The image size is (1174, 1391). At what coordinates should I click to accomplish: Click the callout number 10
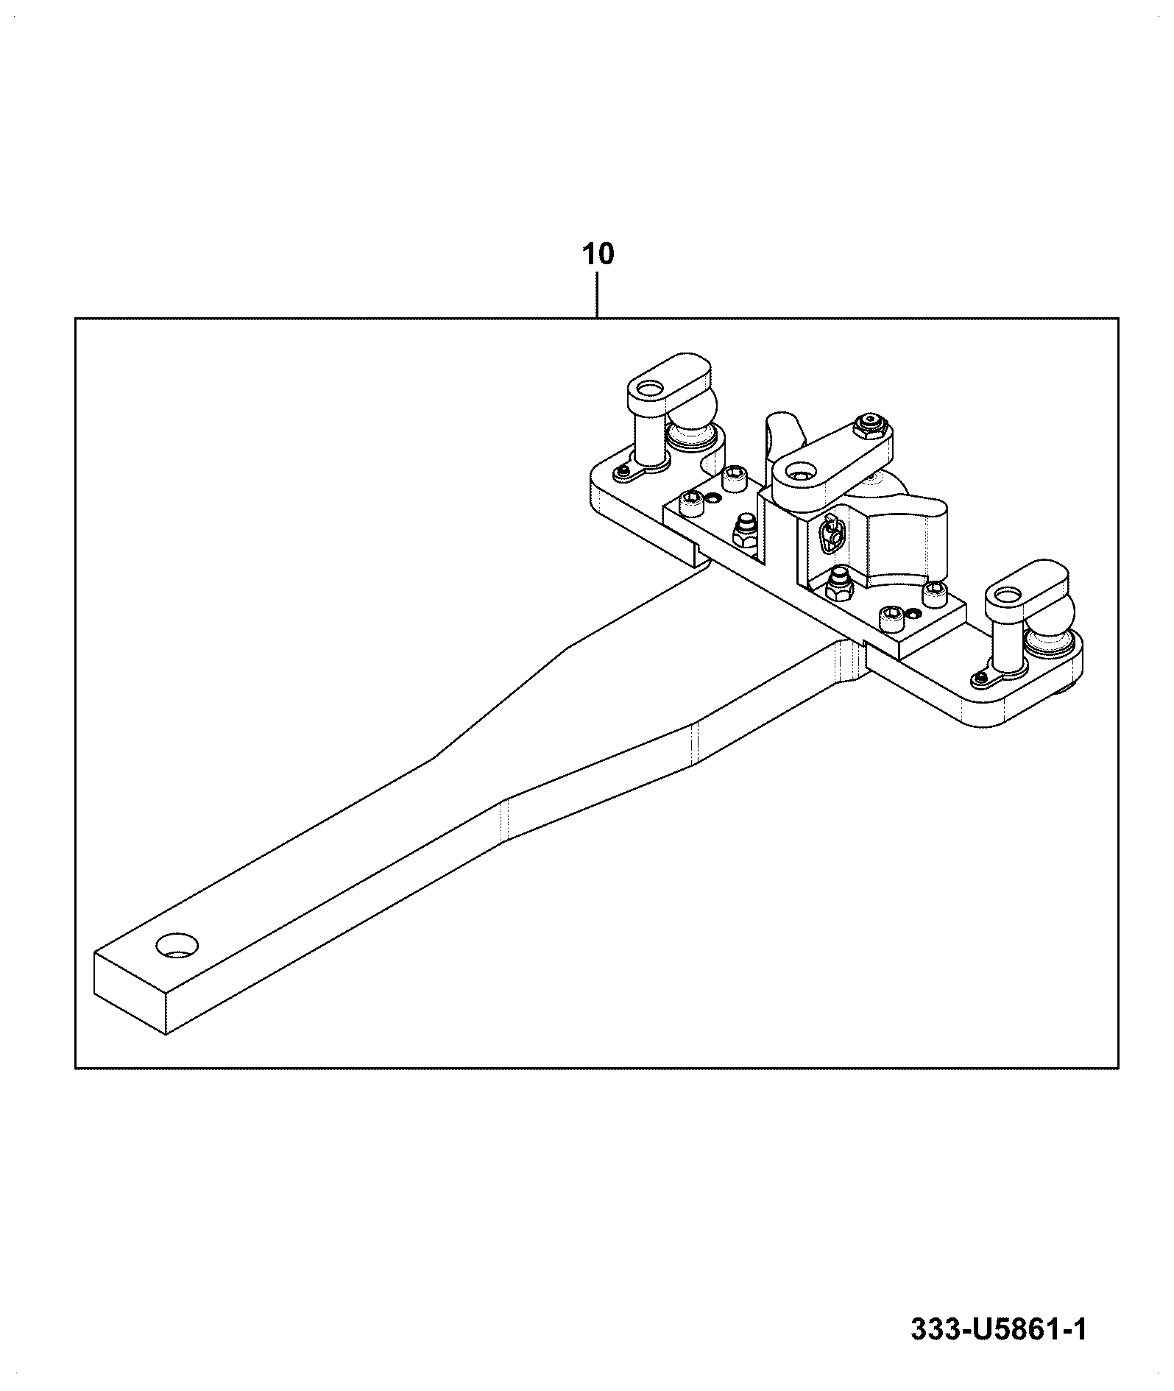tap(598, 255)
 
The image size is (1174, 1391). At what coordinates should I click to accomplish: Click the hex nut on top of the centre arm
tap(872, 423)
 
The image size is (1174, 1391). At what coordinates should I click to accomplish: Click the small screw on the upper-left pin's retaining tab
tap(624, 470)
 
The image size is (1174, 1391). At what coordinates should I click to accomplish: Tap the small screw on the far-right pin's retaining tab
tap(980, 676)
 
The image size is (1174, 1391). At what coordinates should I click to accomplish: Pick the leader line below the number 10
tap(598, 295)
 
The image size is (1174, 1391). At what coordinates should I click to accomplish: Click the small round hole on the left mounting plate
tap(712, 499)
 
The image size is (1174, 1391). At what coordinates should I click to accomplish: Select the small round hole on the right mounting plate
tap(914, 613)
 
